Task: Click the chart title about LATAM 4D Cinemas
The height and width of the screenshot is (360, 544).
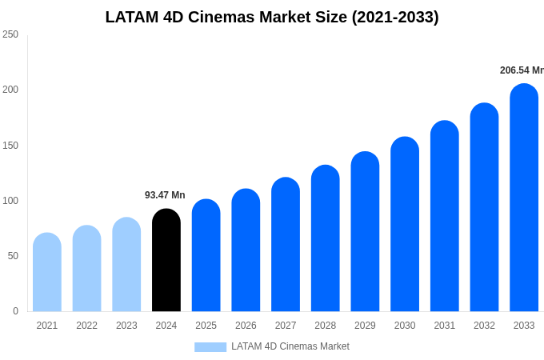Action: pyautogui.click(x=272, y=17)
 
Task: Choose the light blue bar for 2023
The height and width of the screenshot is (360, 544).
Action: pyautogui.click(x=126, y=265)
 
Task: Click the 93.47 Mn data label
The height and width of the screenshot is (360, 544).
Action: pyautogui.click(x=165, y=195)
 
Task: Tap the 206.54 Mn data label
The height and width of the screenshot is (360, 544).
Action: pyautogui.click(x=522, y=70)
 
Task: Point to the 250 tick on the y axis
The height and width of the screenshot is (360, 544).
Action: pyautogui.click(x=10, y=34)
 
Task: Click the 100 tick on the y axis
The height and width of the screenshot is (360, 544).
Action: pyautogui.click(x=10, y=201)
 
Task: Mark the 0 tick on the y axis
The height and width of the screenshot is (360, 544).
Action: pyautogui.click(x=15, y=311)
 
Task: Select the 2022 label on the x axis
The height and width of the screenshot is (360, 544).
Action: pyautogui.click(x=86, y=326)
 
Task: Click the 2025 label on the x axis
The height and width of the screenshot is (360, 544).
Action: pyautogui.click(x=206, y=326)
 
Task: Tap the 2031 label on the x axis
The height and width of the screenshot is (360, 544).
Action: pyautogui.click(x=444, y=326)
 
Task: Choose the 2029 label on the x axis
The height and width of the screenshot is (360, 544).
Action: pyautogui.click(x=365, y=326)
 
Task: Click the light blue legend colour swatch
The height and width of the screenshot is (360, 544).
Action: pyautogui.click(x=210, y=347)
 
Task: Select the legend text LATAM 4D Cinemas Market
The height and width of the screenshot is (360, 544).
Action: pyautogui.click(x=290, y=346)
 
